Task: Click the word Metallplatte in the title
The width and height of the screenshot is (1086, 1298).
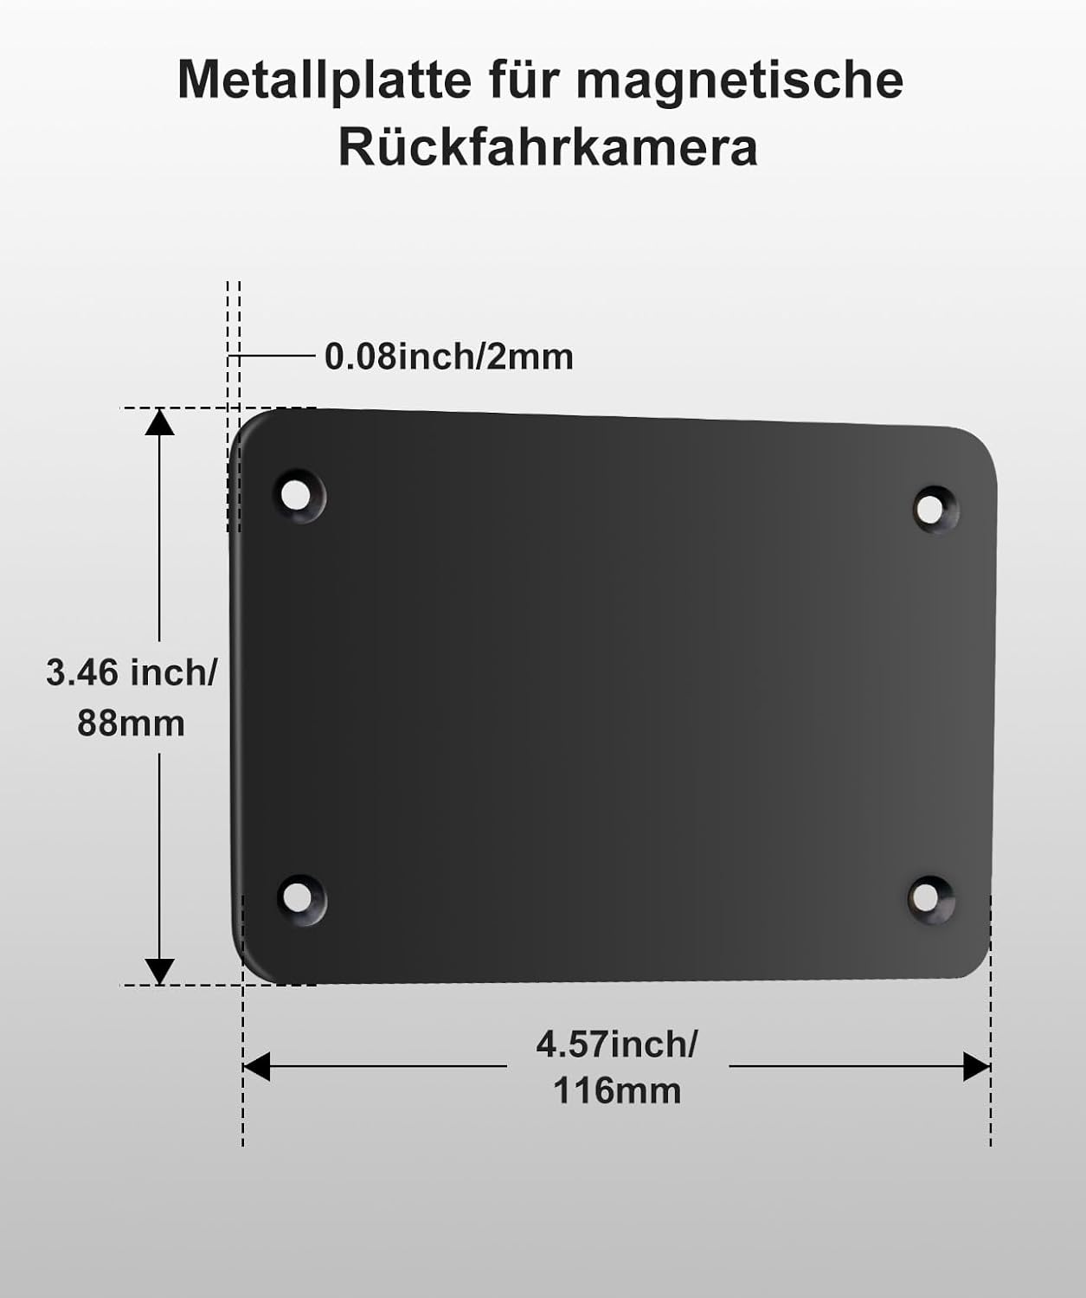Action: click(x=325, y=80)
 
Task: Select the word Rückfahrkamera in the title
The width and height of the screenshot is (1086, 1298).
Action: click(x=548, y=147)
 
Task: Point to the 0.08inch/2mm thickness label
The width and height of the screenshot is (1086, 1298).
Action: click(x=448, y=357)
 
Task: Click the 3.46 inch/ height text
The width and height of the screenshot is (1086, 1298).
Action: click(x=132, y=672)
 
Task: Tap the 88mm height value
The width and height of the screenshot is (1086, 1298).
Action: click(x=131, y=723)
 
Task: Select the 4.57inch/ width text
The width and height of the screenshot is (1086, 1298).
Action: click(x=616, y=1044)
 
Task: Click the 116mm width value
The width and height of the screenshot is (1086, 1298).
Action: click(x=617, y=1090)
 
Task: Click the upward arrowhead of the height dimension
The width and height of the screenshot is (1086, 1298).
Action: click(x=159, y=422)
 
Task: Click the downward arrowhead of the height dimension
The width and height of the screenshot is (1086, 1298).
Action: click(x=159, y=971)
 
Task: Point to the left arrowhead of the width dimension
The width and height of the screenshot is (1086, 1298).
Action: click(x=257, y=1066)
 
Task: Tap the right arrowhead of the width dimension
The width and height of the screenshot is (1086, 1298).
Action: click(x=976, y=1067)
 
